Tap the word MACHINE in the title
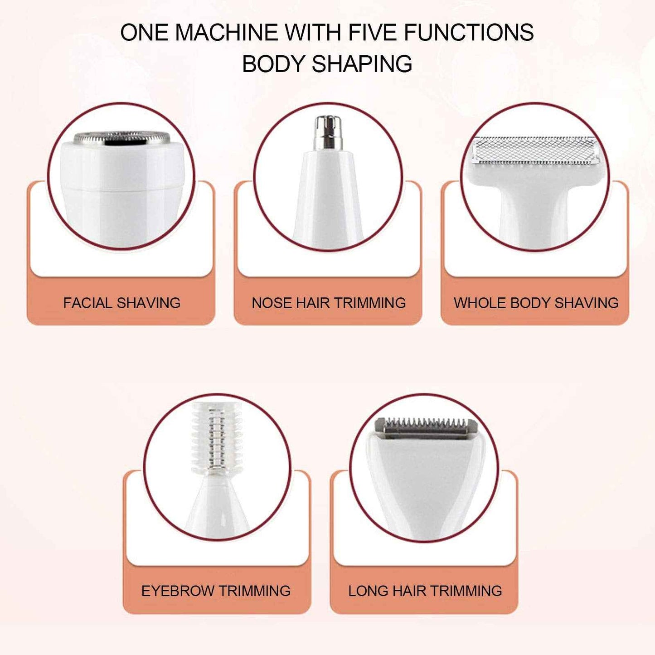click(226, 33)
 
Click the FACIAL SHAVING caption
click(121, 303)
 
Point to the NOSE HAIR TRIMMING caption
click(329, 303)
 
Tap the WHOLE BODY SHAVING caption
click(536, 303)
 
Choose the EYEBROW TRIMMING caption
click(216, 591)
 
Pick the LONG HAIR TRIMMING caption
click(425, 591)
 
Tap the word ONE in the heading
click(144, 33)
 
